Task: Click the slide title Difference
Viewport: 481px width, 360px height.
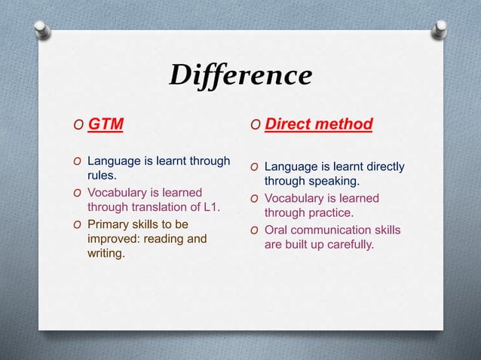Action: (240, 75)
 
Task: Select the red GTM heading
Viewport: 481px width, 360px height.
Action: (106, 124)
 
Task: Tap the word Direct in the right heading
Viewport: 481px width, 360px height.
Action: (289, 124)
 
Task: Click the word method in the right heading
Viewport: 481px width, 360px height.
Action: (345, 124)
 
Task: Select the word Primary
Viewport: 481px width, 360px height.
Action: (109, 224)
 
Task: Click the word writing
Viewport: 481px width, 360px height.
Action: (106, 255)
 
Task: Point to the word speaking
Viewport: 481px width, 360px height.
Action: (333, 182)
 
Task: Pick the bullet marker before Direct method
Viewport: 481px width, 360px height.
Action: (256, 124)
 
